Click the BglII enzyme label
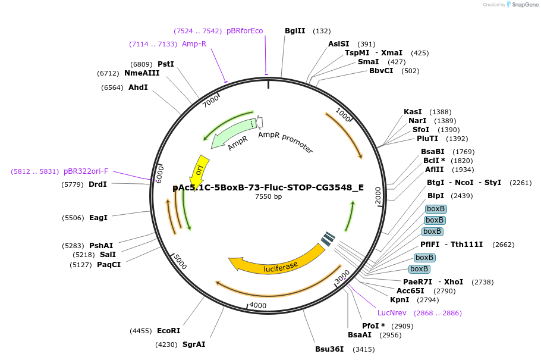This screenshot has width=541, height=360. click(295, 31)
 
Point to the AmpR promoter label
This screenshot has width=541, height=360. click(285, 143)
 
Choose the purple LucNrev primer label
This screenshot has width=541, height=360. click(392, 313)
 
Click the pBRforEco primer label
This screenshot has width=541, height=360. click(244, 31)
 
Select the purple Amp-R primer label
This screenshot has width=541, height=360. click(194, 44)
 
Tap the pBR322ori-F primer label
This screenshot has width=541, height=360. click(86, 171)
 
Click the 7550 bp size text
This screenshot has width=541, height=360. click(268, 197)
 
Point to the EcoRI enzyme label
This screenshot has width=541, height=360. click(168, 331)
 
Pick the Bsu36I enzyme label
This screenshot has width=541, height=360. click(329, 349)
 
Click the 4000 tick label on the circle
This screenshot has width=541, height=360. click(257, 305)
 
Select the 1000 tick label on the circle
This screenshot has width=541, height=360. click(344, 114)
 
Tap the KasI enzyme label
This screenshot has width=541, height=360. click(413, 112)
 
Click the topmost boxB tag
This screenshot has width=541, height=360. click(436, 209)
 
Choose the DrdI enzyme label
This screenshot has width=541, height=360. click(97, 184)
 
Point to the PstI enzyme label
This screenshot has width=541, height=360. click(166, 64)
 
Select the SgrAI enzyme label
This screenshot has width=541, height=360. click(194, 345)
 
